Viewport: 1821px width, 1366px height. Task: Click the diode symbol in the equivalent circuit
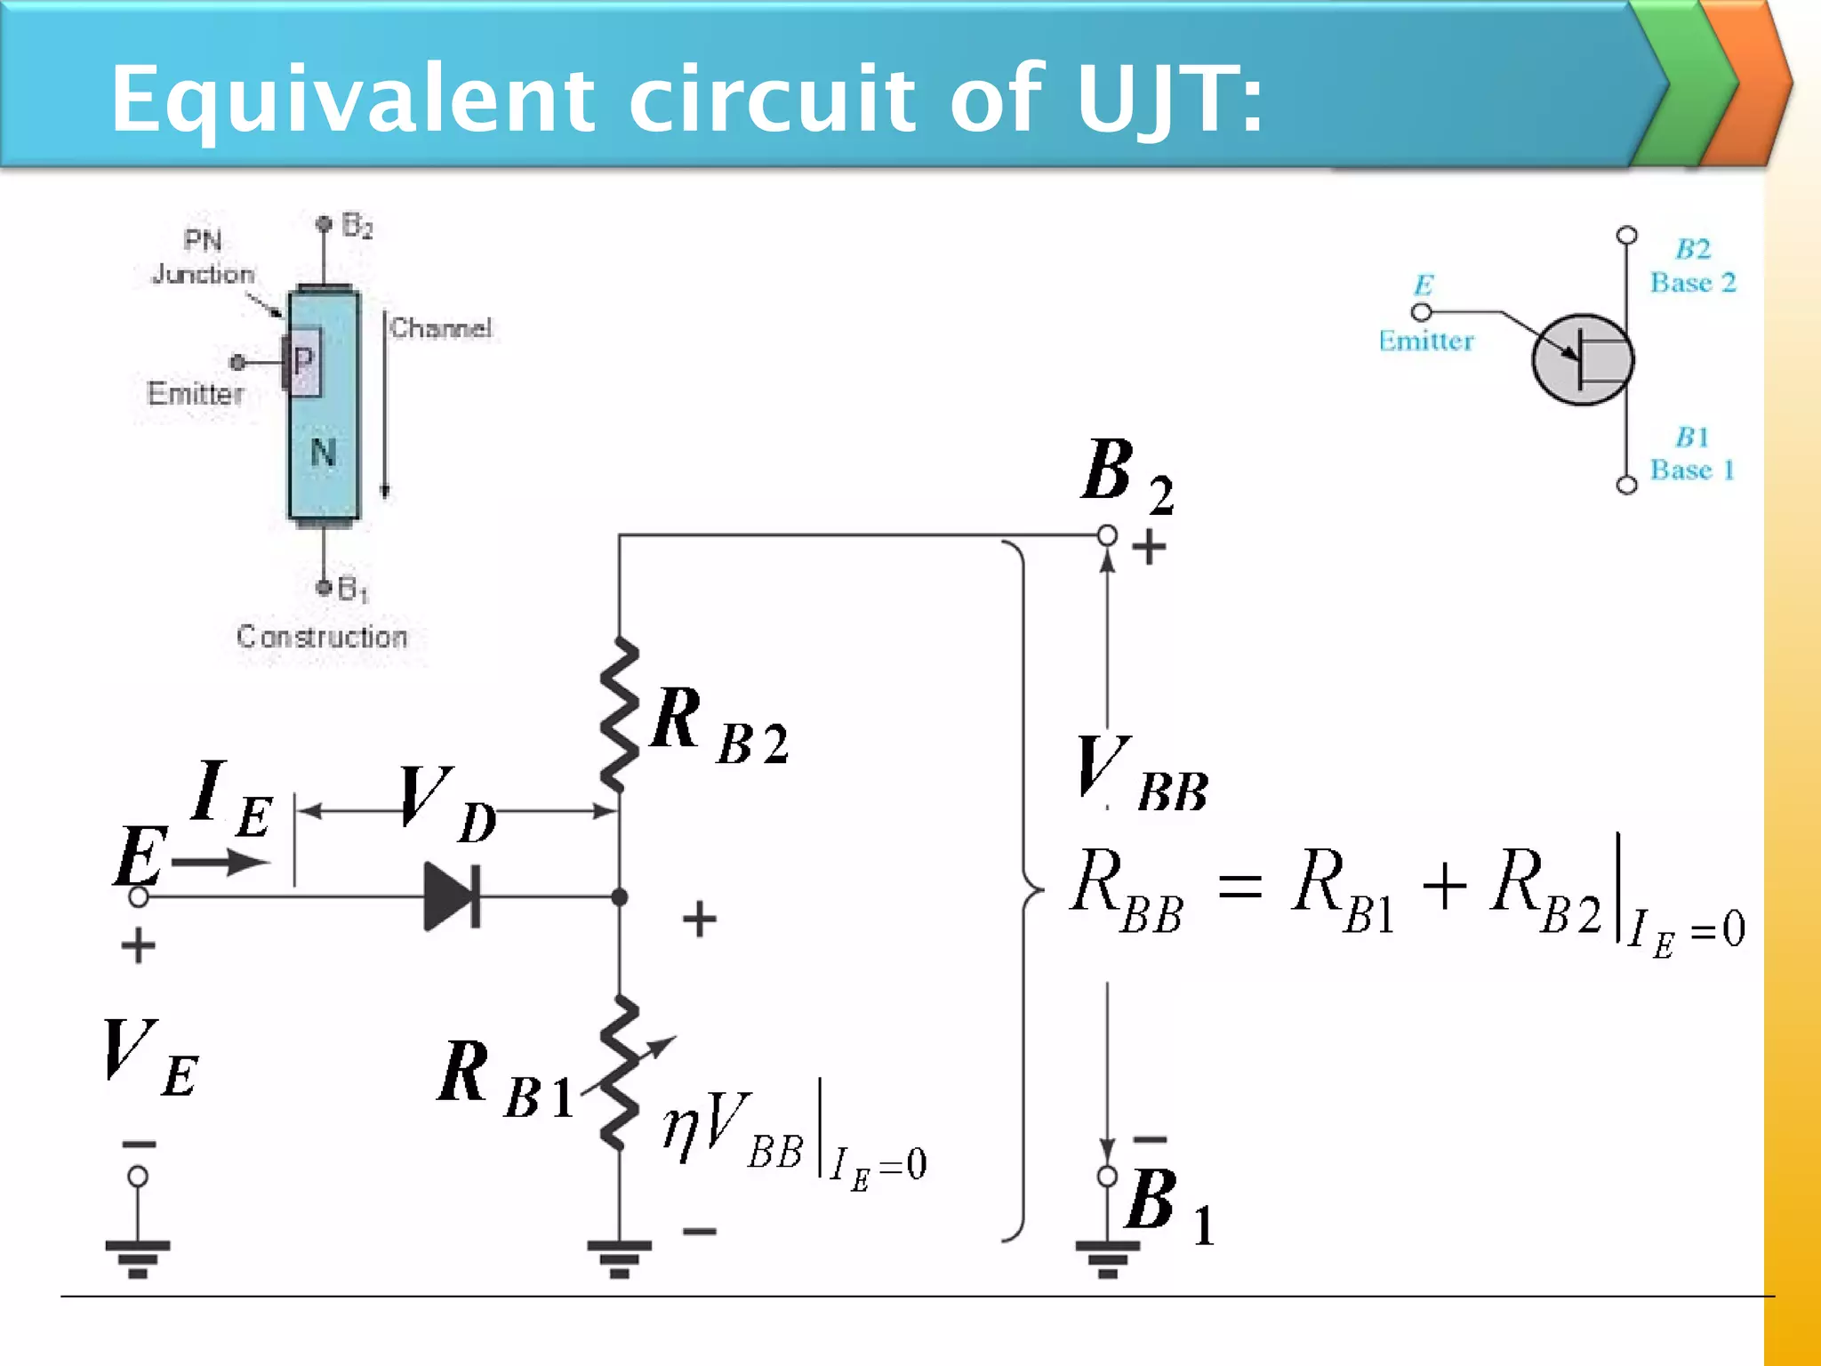pos(453,896)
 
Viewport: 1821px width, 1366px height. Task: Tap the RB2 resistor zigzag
pos(620,714)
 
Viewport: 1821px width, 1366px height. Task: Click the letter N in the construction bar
pos(323,454)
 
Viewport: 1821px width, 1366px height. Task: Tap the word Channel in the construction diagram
pos(440,328)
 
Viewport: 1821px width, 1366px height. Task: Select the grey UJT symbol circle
pos(1582,359)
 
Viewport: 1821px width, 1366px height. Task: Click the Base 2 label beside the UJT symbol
pos(1693,283)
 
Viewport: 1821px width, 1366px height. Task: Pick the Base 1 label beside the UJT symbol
pos(1692,470)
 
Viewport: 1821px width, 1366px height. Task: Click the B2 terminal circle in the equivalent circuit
pos(1107,535)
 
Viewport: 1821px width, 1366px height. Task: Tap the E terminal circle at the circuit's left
pos(139,896)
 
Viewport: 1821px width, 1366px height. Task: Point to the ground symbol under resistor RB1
pos(620,1258)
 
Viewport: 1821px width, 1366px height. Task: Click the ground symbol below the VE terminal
pos(138,1258)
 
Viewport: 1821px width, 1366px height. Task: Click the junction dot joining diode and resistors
pos(620,896)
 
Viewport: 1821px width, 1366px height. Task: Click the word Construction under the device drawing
pos(322,637)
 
